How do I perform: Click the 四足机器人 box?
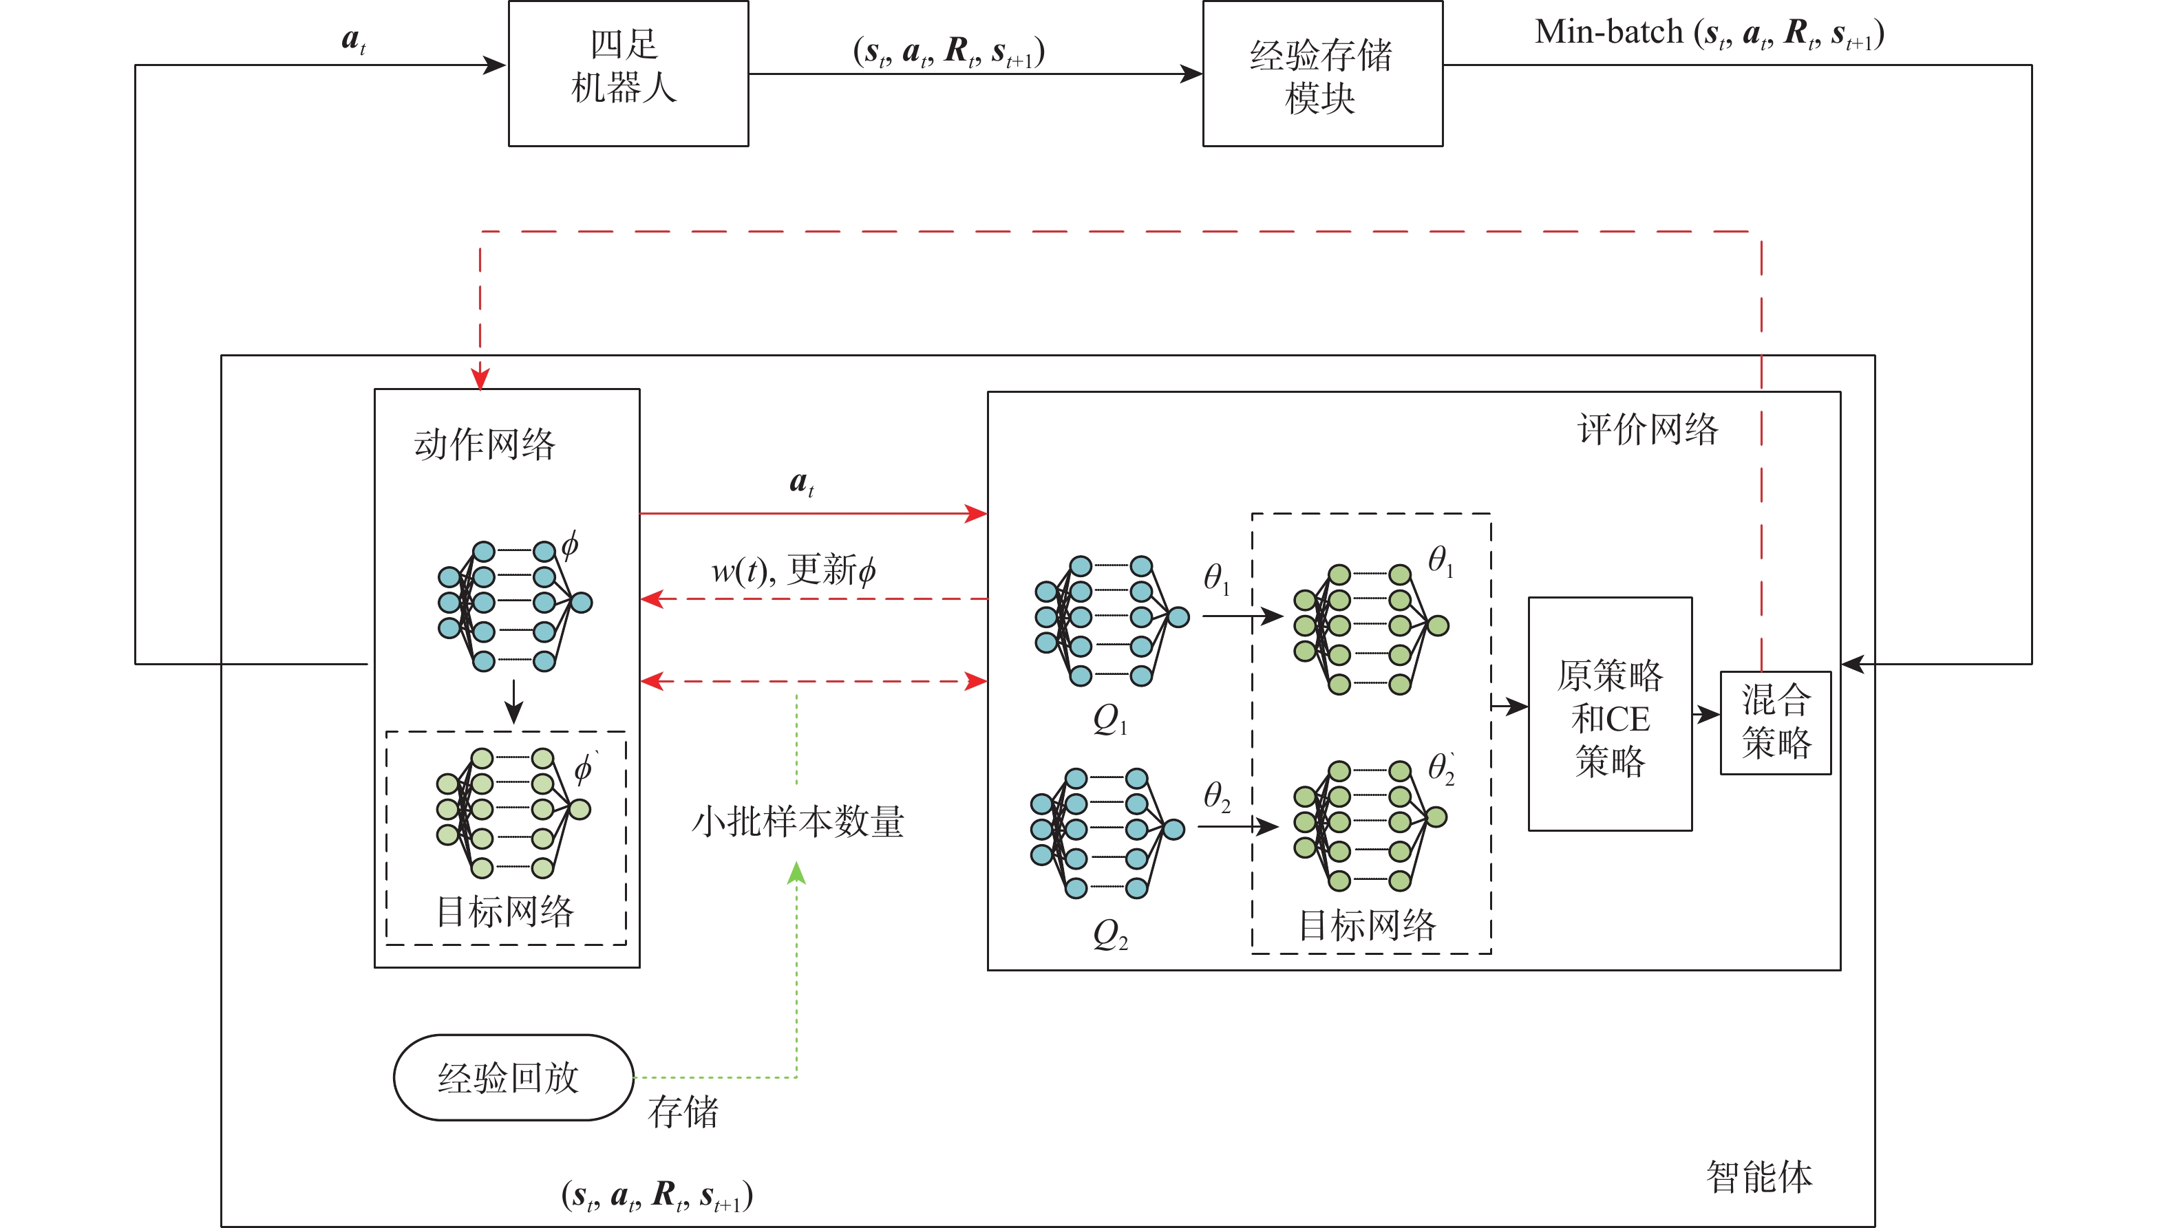tap(628, 74)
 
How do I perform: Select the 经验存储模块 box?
tap(1322, 74)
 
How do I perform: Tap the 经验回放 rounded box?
tap(513, 1077)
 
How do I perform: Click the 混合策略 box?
tap(1775, 722)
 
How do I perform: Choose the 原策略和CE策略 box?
tap(1610, 714)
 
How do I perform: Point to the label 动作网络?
tap(485, 444)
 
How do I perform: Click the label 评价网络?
tap(1647, 429)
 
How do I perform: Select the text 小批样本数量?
tap(797, 821)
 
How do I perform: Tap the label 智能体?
tap(1759, 1176)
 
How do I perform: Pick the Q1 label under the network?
tap(1109, 720)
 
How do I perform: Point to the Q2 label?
tap(1109, 934)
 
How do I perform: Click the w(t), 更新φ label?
tap(793, 570)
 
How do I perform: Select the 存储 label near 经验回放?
tap(683, 1112)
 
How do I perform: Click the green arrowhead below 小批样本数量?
tap(796, 873)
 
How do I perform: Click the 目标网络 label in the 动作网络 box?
tap(504, 912)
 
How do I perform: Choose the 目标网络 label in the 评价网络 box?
tap(1367, 925)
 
